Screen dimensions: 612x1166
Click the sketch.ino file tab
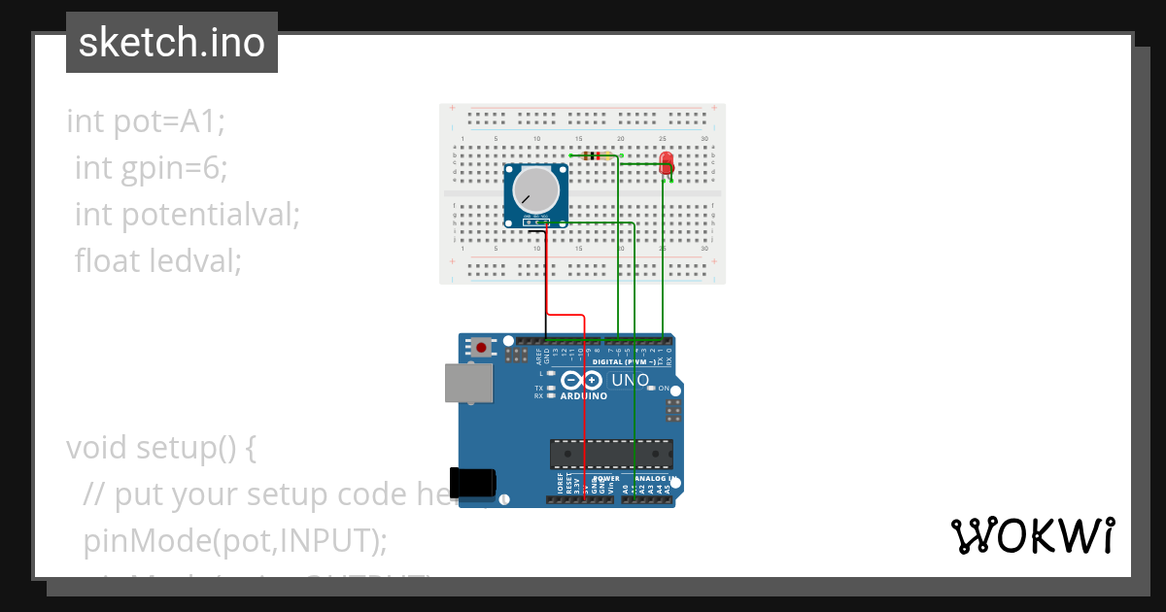coord(172,43)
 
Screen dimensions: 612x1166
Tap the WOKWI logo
coord(1032,535)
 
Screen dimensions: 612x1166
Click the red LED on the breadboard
coord(666,162)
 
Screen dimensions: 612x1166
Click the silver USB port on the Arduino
coord(468,383)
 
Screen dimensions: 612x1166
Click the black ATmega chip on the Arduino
coord(611,454)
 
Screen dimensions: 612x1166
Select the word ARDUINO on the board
coord(583,396)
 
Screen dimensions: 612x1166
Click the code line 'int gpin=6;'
coord(152,168)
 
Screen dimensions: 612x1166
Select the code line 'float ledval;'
coord(158,260)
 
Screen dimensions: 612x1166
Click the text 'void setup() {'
coord(161,448)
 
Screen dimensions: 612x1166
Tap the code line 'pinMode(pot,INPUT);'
coord(235,539)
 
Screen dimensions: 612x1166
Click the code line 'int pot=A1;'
coord(146,121)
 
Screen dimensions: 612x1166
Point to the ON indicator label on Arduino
coord(665,388)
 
